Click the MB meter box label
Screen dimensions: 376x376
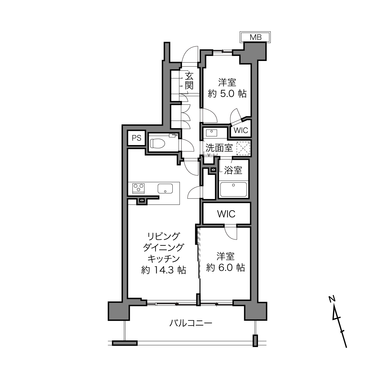click(255, 37)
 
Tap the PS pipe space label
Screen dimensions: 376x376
click(136, 138)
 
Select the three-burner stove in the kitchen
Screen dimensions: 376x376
click(138, 188)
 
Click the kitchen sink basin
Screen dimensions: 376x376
click(165, 189)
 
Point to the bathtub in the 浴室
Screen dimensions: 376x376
click(233, 189)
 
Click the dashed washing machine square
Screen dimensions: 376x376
click(243, 148)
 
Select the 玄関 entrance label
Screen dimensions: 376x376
click(189, 80)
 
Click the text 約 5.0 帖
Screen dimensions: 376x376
click(227, 94)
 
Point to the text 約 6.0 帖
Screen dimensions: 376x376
click(226, 268)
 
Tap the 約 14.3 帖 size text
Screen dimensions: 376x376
click(163, 270)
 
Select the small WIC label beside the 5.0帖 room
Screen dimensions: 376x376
click(241, 130)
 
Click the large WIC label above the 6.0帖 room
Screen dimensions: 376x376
click(226, 214)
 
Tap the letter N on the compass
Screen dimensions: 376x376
click(332, 299)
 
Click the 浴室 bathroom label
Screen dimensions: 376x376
click(233, 170)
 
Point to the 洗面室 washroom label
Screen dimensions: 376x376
click(219, 148)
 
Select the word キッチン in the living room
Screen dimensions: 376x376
click(163, 259)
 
